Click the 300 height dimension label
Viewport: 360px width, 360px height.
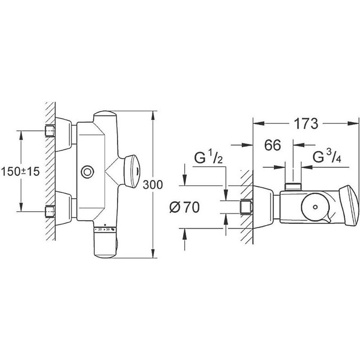pos(153,184)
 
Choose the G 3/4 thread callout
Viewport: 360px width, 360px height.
pos(325,158)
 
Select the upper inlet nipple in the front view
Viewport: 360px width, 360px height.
pos(50,130)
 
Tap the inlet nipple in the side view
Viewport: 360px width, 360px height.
pos(245,206)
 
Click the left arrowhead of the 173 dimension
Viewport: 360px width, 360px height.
pos(256,123)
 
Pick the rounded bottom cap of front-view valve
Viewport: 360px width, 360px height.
pos(105,247)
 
